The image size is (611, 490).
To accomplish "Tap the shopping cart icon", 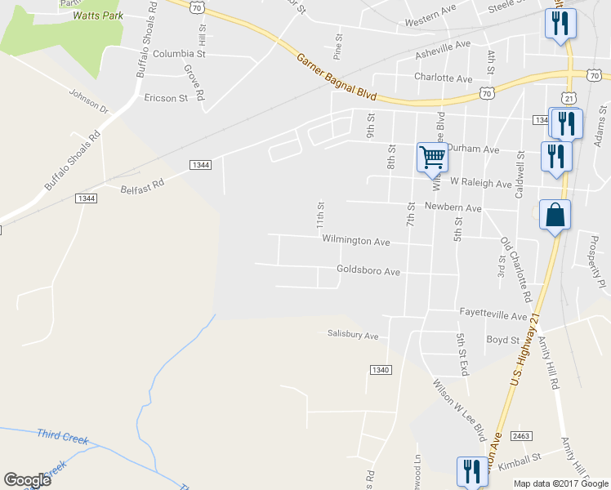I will click(x=431, y=156).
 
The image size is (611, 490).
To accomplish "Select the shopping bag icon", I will click(x=555, y=216).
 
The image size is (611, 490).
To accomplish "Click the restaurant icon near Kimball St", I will click(x=471, y=470).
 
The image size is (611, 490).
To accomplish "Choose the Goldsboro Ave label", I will click(x=368, y=270).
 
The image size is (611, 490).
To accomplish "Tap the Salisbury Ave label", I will click(x=353, y=335).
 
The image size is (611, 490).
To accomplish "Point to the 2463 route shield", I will click(x=521, y=436).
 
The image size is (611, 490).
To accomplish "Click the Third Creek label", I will click(x=62, y=439).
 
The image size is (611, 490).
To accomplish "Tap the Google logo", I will click(x=27, y=480).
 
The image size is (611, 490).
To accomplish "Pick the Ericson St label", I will click(x=166, y=98).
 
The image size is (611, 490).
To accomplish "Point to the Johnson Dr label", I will click(x=89, y=101).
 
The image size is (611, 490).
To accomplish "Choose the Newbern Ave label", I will click(x=453, y=208).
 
